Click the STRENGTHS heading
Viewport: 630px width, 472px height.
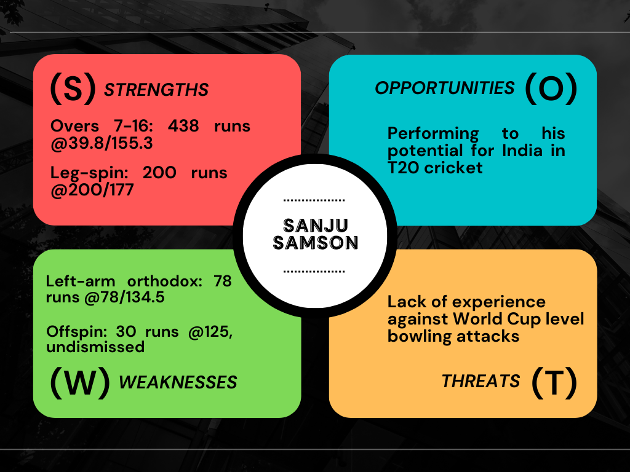click(x=156, y=90)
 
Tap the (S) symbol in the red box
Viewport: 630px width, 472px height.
click(x=73, y=88)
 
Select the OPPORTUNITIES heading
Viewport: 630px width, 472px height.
click(x=444, y=88)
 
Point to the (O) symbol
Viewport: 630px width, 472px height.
click(x=551, y=88)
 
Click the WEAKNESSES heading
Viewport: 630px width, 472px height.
click(x=178, y=382)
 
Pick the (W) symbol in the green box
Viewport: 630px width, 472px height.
click(x=80, y=382)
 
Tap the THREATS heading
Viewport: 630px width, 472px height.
click(x=480, y=381)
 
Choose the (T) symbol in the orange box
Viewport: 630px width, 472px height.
click(x=554, y=382)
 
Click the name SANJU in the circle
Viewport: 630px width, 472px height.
click(x=316, y=226)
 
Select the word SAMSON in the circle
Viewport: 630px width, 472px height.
click(x=316, y=243)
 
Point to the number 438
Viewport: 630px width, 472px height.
click(x=183, y=126)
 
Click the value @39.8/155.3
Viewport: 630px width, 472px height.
click(x=102, y=143)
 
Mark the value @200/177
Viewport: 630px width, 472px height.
click(x=92, y=190)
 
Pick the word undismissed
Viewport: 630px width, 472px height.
click(x=95, y=347)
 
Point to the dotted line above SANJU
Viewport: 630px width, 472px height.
click(x=314, y=200)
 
